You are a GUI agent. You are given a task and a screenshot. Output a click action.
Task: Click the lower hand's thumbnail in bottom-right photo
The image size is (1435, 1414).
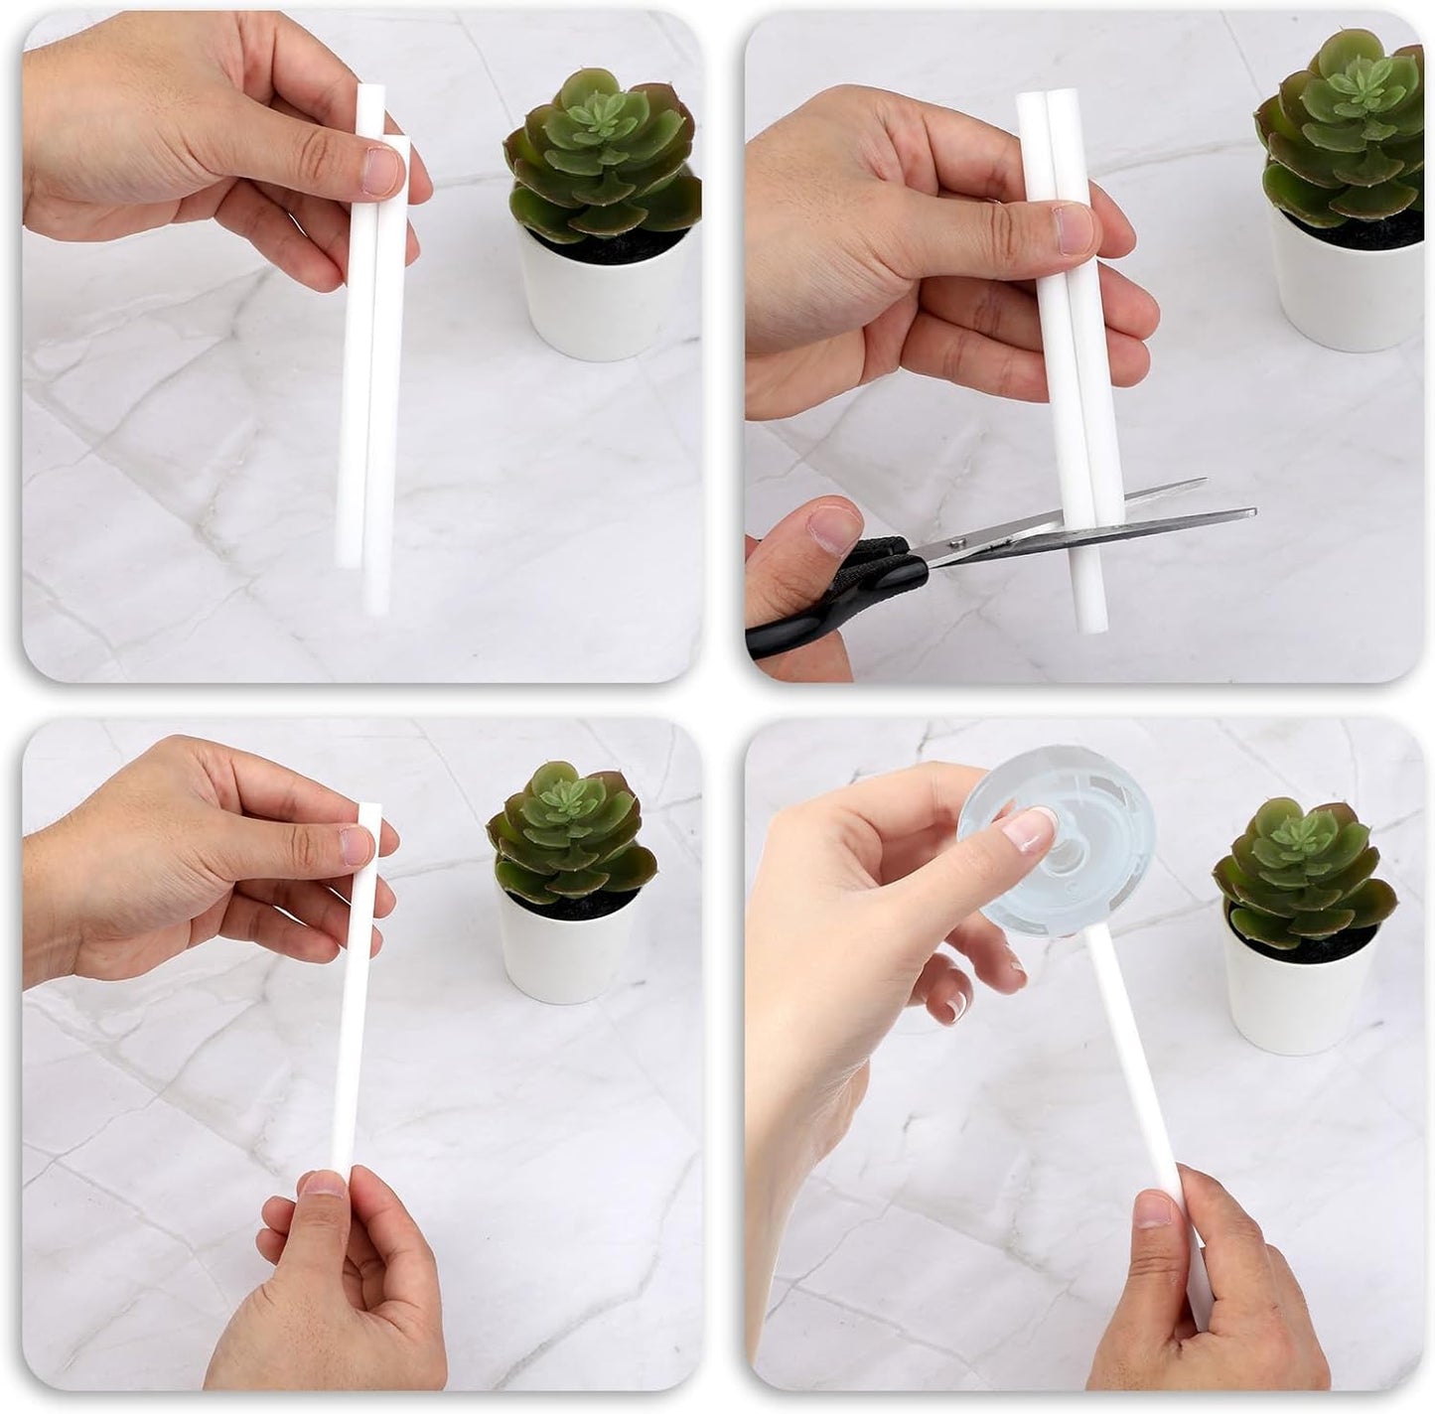pyautogui.click(x=1154, y=1209)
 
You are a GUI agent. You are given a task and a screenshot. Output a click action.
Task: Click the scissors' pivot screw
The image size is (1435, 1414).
pyautogui.click(x=956, y=541)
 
